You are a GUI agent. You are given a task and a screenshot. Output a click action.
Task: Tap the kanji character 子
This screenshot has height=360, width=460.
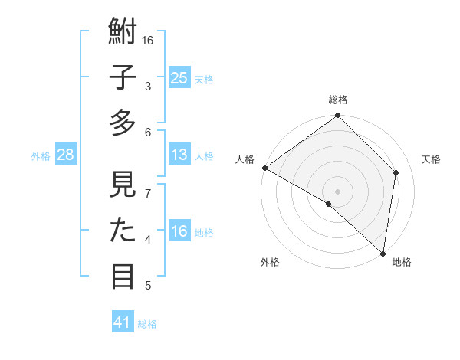coord(123,79)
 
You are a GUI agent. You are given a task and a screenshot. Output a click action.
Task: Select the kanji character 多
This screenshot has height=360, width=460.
coord(123,123)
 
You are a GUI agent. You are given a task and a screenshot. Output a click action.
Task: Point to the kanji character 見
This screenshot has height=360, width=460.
coord(123,187)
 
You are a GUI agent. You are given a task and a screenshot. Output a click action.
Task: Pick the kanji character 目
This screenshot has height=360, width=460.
coord(123,276)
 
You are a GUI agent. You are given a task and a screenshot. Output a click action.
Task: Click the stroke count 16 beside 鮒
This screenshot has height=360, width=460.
coord(149,40)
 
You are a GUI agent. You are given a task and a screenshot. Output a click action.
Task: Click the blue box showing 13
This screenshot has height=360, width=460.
coord(179,155)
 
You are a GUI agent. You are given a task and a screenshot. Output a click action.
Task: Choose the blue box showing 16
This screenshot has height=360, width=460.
coord(179,231)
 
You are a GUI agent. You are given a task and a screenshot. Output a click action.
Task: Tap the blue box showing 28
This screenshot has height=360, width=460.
coord(66,155)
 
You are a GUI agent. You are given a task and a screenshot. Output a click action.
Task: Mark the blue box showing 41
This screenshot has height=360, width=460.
coord(123,322)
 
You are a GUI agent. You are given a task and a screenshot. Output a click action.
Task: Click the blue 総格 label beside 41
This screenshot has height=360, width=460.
coord(147,324)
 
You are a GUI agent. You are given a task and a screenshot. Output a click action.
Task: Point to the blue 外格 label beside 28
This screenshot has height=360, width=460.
coord(41,156)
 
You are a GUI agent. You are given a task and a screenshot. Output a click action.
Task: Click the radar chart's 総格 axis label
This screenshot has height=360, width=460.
coord(338,100)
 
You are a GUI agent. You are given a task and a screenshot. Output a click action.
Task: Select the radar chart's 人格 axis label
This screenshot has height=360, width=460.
coord(245,159)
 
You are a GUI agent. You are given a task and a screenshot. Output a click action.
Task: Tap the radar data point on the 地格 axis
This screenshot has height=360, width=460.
coord(383,253)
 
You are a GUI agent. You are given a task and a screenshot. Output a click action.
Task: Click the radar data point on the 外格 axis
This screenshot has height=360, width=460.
coord(329,204)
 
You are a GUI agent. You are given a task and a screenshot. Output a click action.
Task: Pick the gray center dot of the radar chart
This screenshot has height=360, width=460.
coord(338,191)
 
